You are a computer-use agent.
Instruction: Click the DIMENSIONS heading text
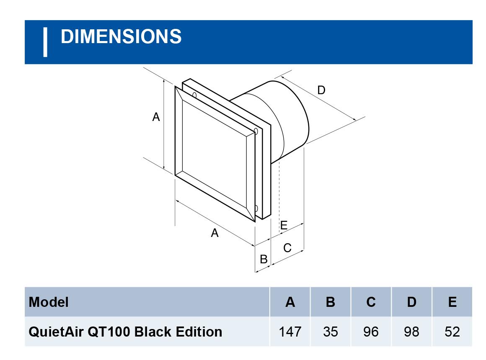click(121, 37)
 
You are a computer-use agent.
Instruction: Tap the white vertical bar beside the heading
click(45, 42)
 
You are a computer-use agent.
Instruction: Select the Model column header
click(49, 302)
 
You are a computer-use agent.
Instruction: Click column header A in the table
click(290, 302)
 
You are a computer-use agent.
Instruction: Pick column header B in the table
click(330, 302)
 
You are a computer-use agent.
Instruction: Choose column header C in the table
click(371, 302)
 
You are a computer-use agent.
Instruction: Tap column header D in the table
click(411, 302)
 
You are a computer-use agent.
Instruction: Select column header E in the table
click(452, 302)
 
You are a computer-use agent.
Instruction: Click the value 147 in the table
click(290, 332)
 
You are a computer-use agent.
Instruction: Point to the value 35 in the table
click(330, 332)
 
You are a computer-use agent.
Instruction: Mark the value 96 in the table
click(371, 332)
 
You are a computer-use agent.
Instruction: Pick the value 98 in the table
click(411, 332)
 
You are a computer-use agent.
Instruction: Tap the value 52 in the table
click(452, 332)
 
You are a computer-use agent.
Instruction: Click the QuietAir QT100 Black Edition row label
click(125, 332)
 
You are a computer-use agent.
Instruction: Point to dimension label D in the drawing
click(321, 90)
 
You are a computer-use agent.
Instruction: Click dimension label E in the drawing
click(284, 226)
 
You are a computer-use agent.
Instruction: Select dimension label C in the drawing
click(287, 248)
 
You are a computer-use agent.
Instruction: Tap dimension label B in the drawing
click(264, 259)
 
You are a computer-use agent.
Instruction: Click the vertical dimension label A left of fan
click(156, 117)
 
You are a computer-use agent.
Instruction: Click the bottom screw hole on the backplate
click(256, 208)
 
